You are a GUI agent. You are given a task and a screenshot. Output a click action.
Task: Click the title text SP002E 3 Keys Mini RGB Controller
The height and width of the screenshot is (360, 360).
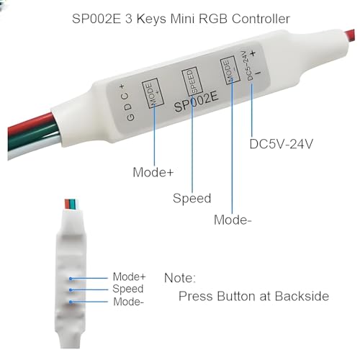coord(181,19)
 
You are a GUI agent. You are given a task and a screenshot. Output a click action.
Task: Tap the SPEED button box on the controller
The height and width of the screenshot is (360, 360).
coord(192,81)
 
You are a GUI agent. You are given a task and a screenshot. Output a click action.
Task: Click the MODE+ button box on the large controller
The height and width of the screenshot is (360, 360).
coord(153,93)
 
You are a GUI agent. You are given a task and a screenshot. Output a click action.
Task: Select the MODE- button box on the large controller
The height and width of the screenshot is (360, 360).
coord(230,70)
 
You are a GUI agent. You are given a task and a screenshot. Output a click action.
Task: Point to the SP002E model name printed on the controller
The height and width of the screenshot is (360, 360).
coord(197,102)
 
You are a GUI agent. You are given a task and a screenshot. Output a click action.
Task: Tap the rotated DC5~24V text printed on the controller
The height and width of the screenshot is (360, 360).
coord(247,66)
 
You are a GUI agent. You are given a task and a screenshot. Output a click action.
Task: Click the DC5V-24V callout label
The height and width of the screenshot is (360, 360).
coord(282,144)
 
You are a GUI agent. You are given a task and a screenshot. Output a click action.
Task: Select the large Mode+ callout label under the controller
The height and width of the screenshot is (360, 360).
coord(153,172)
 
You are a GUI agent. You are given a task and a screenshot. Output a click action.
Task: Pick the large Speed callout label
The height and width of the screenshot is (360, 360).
coord(192,198)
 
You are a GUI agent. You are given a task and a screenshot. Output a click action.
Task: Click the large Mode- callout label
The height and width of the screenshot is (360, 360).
coord(233,220)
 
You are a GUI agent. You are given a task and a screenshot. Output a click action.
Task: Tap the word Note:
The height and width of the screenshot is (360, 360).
coord(180,278)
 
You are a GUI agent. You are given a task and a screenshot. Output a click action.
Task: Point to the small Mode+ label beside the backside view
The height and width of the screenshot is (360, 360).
coord(129,276)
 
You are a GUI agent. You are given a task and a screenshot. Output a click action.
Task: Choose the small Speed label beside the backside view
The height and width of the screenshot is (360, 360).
coord(128,289)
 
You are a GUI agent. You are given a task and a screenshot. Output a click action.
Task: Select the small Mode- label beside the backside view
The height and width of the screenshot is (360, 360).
coord(128,302)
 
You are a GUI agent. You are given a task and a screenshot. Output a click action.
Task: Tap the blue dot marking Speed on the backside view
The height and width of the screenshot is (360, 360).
coord(71,290)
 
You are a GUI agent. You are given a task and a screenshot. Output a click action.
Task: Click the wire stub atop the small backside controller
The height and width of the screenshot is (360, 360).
coord(71,204)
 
